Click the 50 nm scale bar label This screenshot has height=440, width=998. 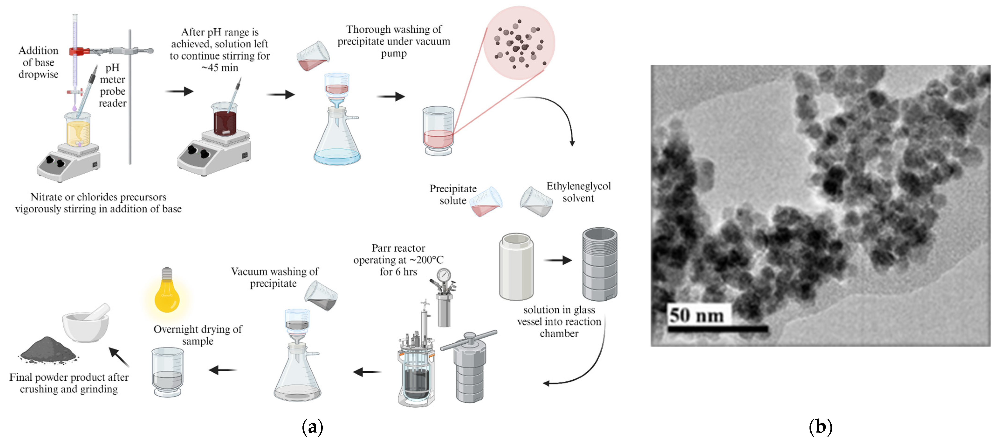tap(696, 315)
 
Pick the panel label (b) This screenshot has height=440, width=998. tap(820, 426)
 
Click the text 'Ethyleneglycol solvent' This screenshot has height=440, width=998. tap(578, 192)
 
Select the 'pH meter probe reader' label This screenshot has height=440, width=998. tap(112, 85)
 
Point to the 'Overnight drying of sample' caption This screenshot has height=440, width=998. tap(198, 335)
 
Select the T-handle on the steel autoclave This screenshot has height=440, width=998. tap(469, 339)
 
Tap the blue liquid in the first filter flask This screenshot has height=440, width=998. tap(337, 157)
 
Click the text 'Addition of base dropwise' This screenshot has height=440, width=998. tap(38, 63)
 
